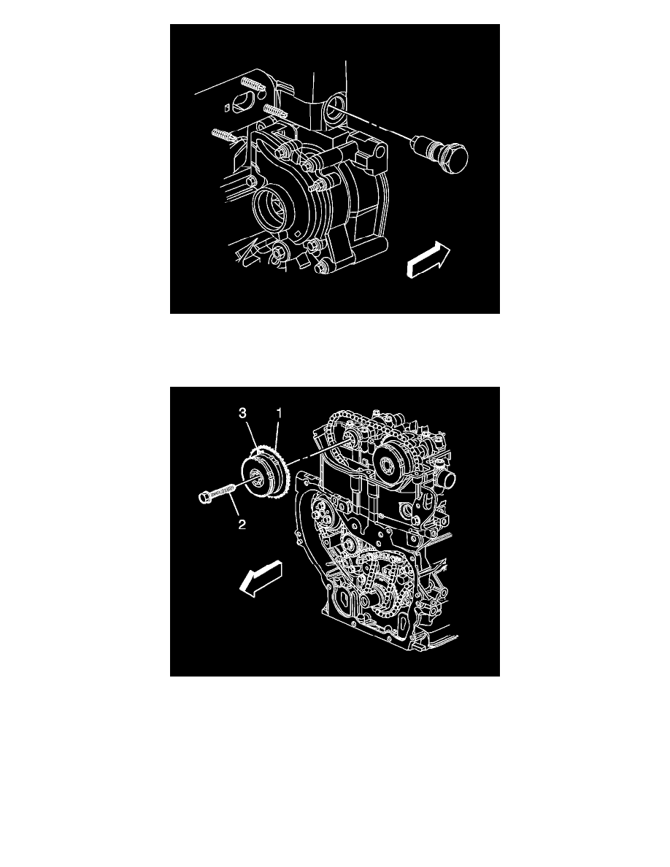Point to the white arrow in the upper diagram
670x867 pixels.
pos(428,261)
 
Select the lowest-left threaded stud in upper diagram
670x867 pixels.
pos(222,134)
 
